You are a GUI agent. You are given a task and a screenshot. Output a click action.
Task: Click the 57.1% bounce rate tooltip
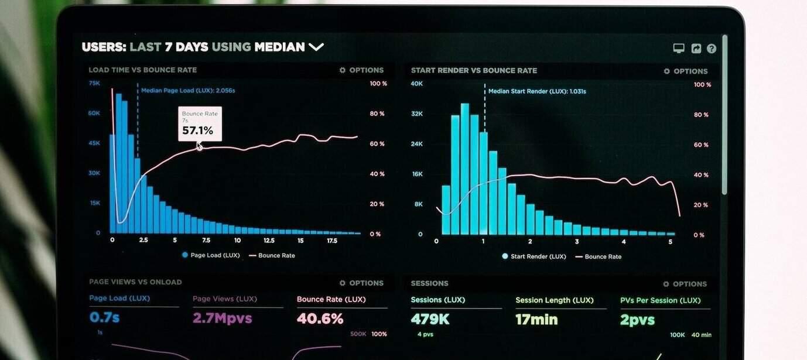click(x=200, y=124)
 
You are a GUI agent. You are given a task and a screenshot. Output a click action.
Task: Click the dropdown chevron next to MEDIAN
click(x=316, y=47)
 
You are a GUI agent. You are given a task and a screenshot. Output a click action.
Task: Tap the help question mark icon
click(x=712, y=49)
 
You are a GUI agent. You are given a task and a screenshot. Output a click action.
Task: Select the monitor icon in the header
click(x=679, y=49)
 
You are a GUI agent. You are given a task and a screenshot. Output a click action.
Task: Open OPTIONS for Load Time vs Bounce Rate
click(x=361, y=70)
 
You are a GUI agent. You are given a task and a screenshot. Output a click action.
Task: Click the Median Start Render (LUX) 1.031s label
click(x=536, y=91)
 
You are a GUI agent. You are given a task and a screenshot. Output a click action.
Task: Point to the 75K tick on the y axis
click(x=94, y=84)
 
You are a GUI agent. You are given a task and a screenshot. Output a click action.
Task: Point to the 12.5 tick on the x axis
click(x=269, y=241)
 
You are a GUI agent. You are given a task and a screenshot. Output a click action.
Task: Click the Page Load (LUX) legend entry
click(x=211, y=255)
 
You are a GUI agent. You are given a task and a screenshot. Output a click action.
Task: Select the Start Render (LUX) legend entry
click(x=534, y=256)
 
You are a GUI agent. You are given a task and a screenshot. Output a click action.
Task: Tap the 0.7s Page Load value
click(x=104, y=317)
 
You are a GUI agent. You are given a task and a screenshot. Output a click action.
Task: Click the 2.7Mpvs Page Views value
click(x=222, y=318)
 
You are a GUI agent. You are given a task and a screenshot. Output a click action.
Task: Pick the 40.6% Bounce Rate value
click(x=320, y=318)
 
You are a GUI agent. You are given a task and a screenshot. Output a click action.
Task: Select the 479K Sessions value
click(x=430, y=319)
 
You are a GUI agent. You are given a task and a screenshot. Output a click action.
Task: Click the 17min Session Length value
click(x=536, y=320)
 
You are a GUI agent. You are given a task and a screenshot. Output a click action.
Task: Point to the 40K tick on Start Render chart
click(x=417, y=84)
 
